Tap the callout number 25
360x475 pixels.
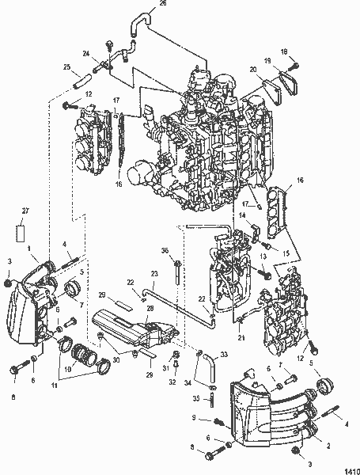coord(66,67)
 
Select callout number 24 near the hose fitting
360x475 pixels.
coord(86,54)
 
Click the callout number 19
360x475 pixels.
coord(268,60)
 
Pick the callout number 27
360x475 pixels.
coord(25,210)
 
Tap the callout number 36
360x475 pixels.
coord(165,251)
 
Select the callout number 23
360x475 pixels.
coord(153,274)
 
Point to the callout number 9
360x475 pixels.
coord(195,417)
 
